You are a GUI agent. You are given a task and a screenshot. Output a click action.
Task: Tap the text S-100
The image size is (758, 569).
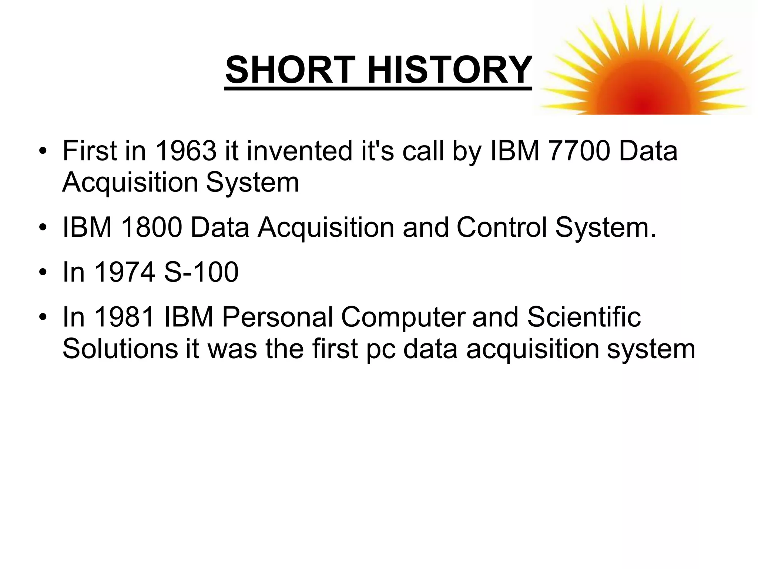click(x=201, y=272)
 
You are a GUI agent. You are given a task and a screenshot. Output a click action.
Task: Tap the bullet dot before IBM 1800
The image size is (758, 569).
click(x=43, y=227)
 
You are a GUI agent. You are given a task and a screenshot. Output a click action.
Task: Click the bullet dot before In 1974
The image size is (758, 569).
click(x=43, y=273)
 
